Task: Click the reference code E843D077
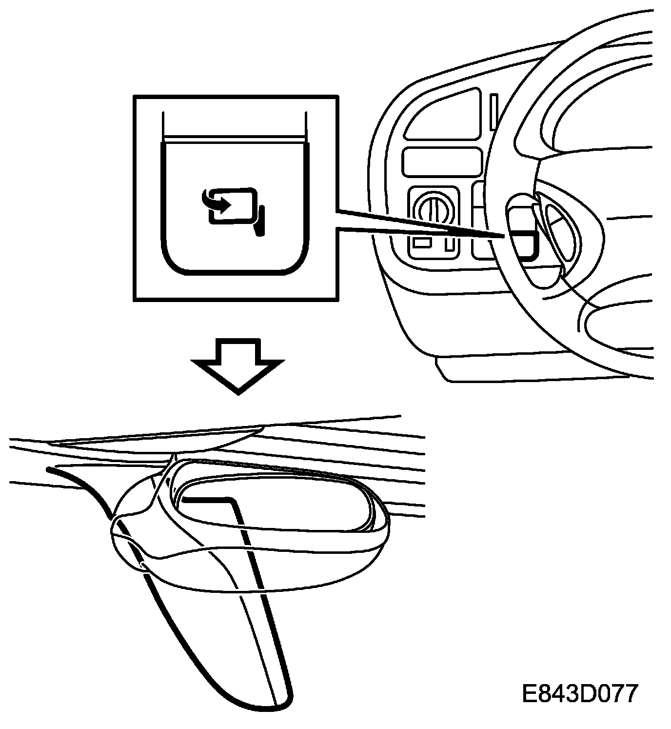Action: (x=579, y=693)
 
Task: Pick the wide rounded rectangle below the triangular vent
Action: (x=442, y=162)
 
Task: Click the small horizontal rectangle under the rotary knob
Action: (x=421, y=243)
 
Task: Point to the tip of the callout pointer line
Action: (x=502, y=235)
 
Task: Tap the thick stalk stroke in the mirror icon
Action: (x=260, y=222)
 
